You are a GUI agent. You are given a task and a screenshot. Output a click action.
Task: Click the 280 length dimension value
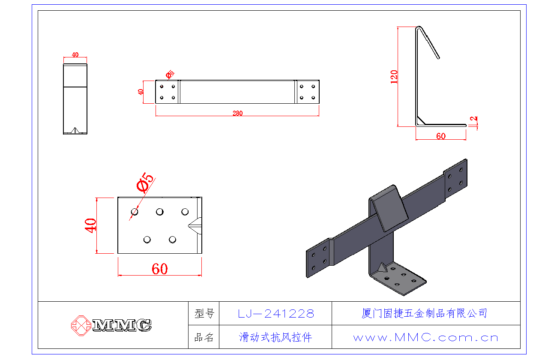click(x=237, y=114)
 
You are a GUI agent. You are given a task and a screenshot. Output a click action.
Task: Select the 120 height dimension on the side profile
click(x=394, y=76)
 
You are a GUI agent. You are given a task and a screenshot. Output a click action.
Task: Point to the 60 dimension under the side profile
click(x=440, y=136)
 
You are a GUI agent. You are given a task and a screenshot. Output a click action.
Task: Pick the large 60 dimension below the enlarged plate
click(x=159, y=269)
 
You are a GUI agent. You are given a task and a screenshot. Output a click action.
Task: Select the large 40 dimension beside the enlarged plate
click(x=90, y=225)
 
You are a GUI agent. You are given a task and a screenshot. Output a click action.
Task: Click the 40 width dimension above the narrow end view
click(x=75, y=55)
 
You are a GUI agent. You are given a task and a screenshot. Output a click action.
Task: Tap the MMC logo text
click(x=122, y=325)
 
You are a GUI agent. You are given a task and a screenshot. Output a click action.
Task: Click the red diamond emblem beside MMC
click(x=81, y=325)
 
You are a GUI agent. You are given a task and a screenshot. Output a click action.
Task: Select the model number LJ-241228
click(x=276, y=314)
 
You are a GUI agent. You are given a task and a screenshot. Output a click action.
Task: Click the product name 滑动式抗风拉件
click(x=276, y=337)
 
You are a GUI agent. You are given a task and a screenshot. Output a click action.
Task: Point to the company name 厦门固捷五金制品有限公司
click(x=424, y=313)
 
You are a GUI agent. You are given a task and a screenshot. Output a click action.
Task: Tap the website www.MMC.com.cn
click(x=426, y=338)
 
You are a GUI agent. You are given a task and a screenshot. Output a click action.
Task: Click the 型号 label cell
click(x=204, y=314)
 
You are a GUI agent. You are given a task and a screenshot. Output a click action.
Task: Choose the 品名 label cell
click(x=204, y=337)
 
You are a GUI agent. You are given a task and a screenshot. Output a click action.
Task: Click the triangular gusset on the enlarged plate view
click(x=196, y=225)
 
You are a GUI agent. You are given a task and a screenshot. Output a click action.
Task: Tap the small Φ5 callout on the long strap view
click(x=169, y=75)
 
